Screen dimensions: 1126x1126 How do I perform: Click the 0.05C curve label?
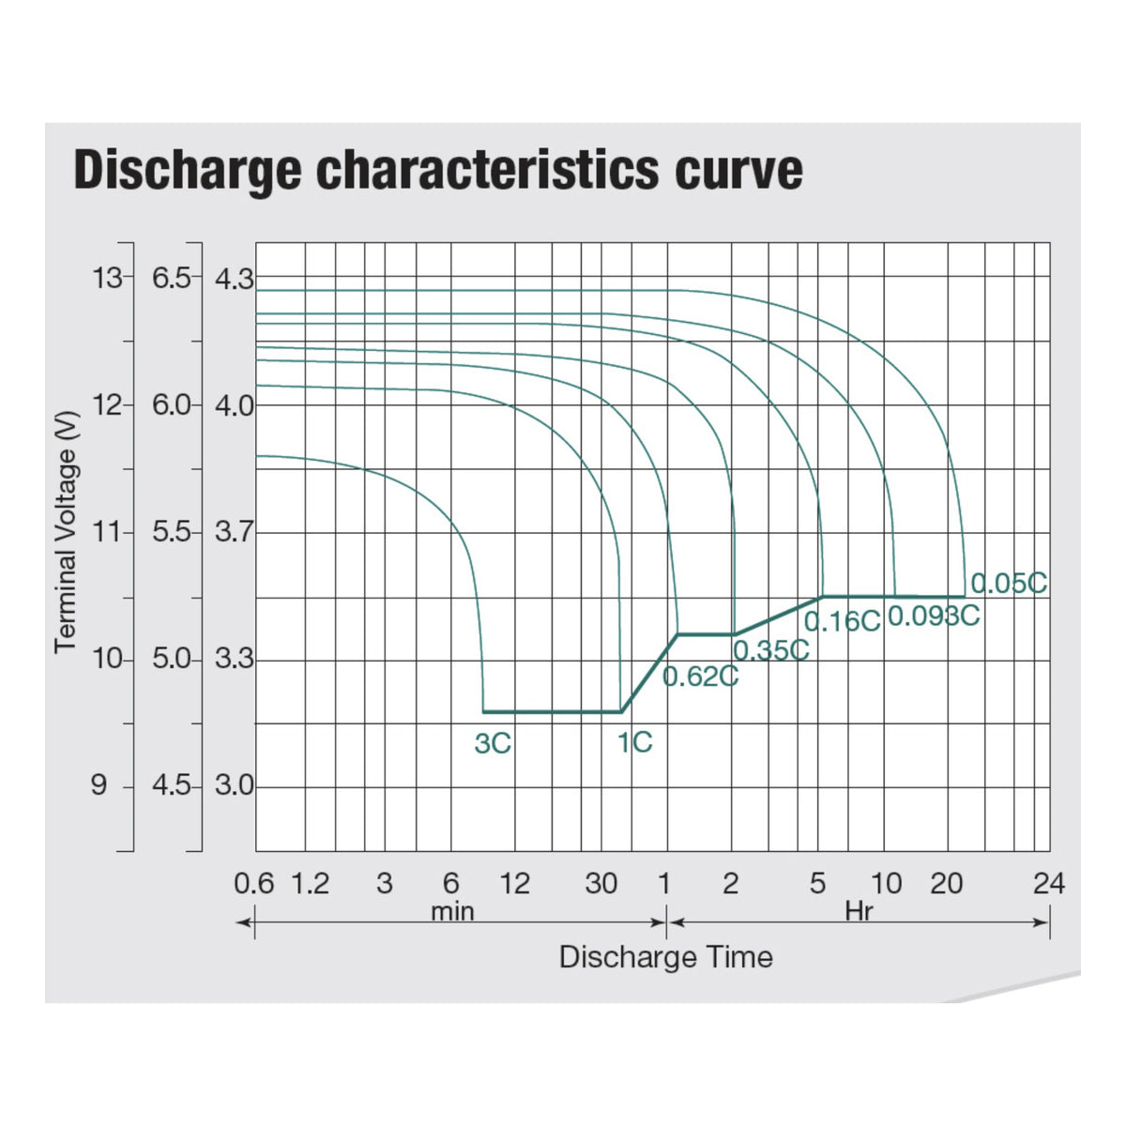pos(1008,583)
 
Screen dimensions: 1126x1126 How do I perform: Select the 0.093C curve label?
pos(934,616)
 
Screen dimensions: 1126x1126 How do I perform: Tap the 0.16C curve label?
pos(842,621)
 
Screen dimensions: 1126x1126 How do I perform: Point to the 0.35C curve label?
pos(770,650)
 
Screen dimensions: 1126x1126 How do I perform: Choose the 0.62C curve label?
pos(700,677)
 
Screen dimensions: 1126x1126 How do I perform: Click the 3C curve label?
pos(493,744)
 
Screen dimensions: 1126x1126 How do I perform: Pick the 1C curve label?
pos(634,742)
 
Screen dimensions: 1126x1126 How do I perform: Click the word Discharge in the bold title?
pos(188,171)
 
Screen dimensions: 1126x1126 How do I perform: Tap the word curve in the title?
pos(738,171)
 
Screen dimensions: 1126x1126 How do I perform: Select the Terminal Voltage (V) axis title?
pos(66,532)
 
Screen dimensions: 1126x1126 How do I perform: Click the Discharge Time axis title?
pos(666,957)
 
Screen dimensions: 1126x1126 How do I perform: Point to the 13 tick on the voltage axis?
pos(108,278)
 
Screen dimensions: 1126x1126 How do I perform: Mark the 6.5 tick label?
pos(171,278)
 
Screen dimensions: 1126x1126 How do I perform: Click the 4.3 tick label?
pos(235,279)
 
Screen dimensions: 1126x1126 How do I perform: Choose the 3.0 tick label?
pos(235,785)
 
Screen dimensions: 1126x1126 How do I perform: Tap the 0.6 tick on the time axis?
pos(253,884)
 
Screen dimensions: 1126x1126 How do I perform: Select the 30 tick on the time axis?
pos(601,884)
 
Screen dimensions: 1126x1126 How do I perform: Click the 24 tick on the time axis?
pos(1049,884)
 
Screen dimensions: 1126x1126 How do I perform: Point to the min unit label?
pos(452,912)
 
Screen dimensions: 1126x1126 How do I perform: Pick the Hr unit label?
pos(859,911)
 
